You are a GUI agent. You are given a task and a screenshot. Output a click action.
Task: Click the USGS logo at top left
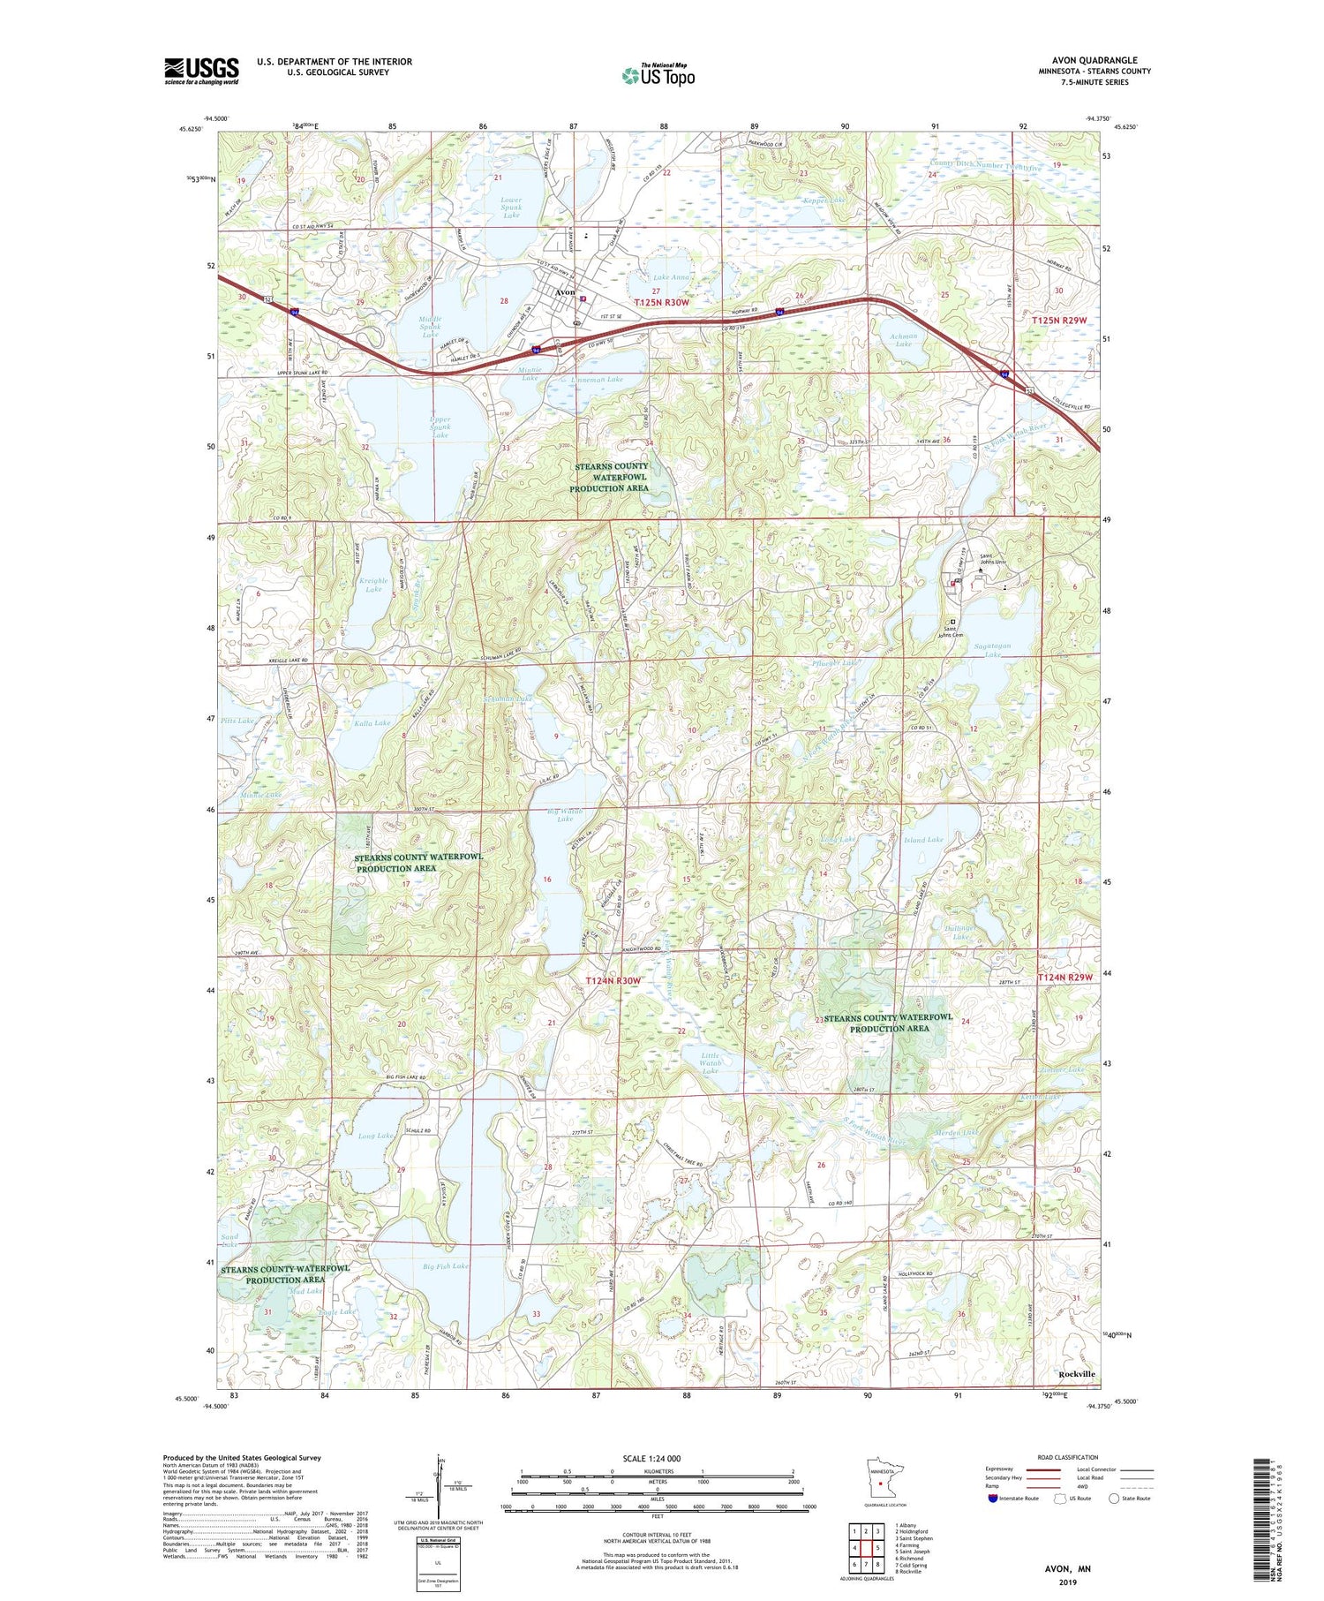coord(201,71)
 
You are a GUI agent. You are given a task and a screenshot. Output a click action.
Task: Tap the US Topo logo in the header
coord(658,76)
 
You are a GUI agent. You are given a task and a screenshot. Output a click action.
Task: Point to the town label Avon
coord(565,292)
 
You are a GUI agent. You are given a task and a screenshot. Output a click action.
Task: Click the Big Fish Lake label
coord(446,1265)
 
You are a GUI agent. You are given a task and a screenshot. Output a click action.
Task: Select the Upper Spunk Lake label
coord(440,427)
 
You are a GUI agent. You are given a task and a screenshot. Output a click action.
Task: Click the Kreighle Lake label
coord(373,584)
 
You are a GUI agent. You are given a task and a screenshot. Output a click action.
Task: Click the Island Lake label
coord(923,840)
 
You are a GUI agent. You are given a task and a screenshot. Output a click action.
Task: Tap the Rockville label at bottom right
coord(1076,1374)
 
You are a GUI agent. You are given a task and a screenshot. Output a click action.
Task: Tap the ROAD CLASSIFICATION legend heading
coord(1067,1457)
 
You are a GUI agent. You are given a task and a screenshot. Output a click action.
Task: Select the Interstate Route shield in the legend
coord(992,1499)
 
